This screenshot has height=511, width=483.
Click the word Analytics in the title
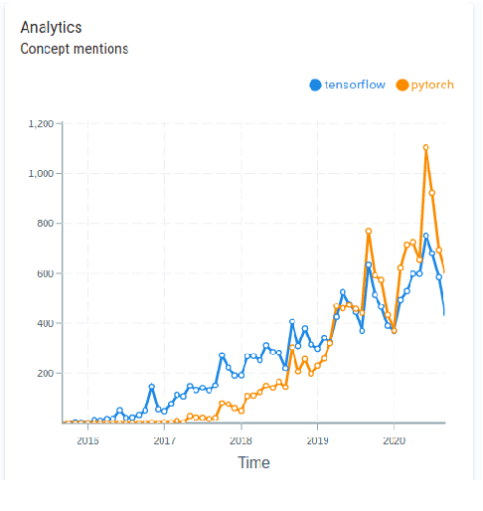tap(51, 28)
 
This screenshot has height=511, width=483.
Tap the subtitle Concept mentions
tap(75, 48)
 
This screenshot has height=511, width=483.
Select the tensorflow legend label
tap(356, 85)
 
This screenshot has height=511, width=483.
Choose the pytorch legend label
tap(432, 85)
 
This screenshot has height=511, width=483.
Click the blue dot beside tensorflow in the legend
tap(316, 85)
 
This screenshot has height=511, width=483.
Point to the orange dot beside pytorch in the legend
tap(402, 85)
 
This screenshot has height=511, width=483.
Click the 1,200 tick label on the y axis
tap(41, 124)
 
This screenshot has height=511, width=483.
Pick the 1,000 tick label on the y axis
tap(41, 174)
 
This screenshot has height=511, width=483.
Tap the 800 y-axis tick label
tap(44, 224)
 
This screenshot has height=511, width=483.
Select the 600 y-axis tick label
tap(44, 273)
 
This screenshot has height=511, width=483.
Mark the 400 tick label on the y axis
tap(44, 323)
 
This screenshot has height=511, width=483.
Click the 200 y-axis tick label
tap(44, 373)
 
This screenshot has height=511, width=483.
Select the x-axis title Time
tap(252, 462)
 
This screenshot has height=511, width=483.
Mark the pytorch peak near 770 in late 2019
tap(369, 231)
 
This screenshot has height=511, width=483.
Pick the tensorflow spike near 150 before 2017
tap(151, 387)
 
